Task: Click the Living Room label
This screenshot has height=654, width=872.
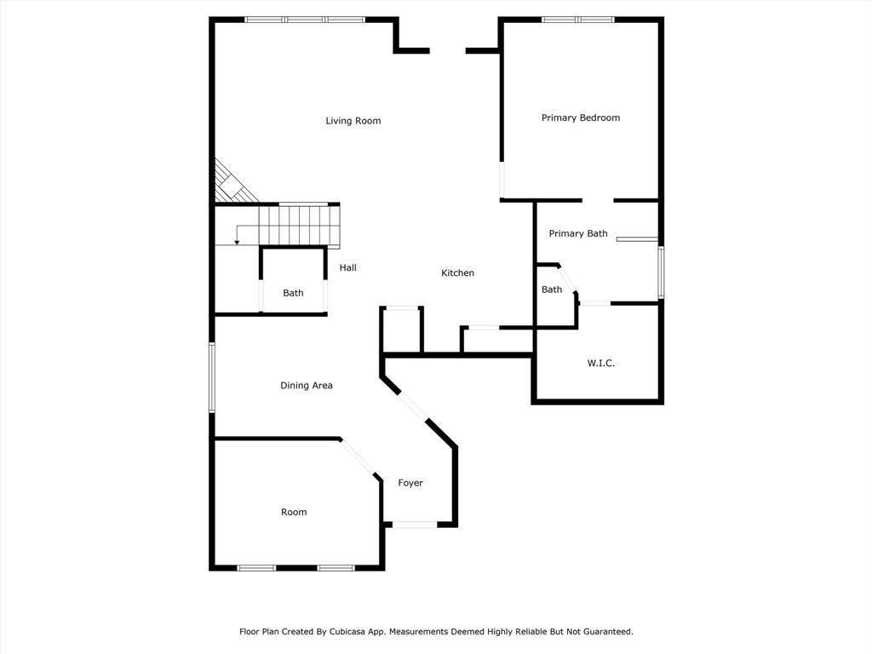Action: coord(353,121)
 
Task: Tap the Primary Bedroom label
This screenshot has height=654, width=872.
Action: coord(581,118)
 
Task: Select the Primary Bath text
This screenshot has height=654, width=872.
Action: coord(578,233)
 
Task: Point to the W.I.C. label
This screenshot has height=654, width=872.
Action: coord(600,363)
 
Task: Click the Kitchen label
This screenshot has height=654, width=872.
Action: coord(457,273)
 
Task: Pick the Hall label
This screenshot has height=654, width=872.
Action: coord(348,267)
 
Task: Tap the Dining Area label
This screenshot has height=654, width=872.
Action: coord(307,386)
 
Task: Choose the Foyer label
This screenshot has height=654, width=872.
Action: coord(410,484)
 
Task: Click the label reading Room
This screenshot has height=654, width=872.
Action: coord(294,512)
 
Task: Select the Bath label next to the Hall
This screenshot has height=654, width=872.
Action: coord(293,293)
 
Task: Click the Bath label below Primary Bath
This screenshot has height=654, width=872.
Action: coord(552,290)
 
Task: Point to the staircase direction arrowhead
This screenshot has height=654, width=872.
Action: coord(237,242)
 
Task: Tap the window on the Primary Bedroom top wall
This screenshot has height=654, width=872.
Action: coord(578,20)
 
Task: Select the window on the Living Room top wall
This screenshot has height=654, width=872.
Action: coord(306,20)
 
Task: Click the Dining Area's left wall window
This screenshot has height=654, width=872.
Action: coord(212,377)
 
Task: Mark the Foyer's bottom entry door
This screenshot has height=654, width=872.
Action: coord(415,525)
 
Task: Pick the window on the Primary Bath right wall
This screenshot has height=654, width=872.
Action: coord(661,272)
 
